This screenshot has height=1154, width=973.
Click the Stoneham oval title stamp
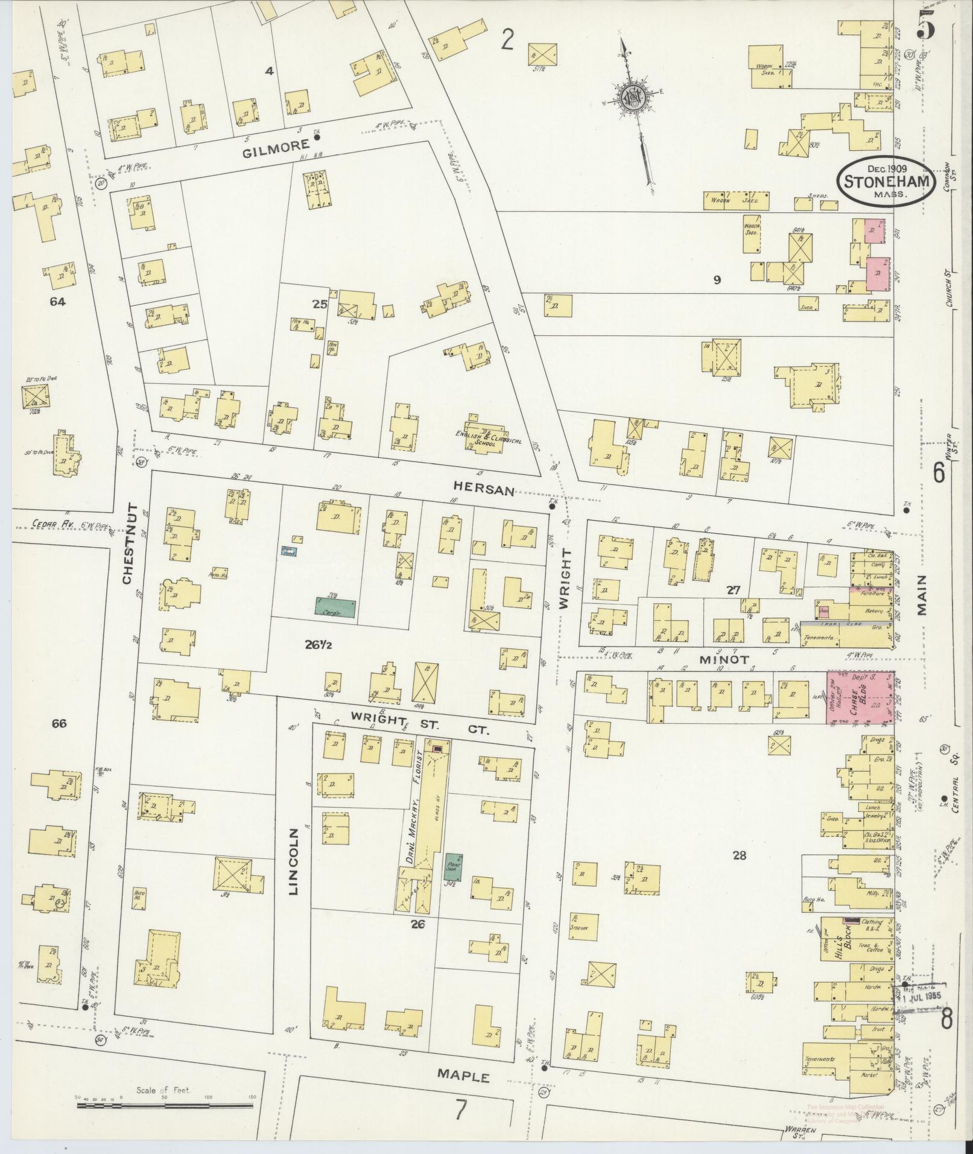[x=886, y=182]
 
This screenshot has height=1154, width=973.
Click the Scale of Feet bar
[x=164, y=1106]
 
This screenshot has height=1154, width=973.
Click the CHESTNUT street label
[x=127, y=544]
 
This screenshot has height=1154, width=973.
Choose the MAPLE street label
[x=463, y=1076]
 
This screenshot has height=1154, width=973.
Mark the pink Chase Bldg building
[x=860, y=697]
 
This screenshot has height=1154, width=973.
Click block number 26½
[x=322, y=645]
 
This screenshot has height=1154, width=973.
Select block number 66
[x=59, y=723]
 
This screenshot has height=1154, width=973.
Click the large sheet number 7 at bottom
[x=461, y=1108]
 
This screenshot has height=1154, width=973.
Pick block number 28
[x=739, y=855]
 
